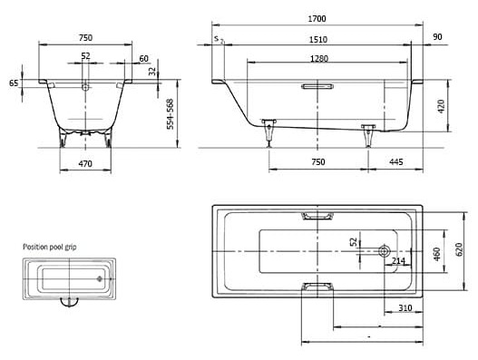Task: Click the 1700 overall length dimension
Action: pyautogui.click(x=317, y=18)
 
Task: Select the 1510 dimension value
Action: pyautogui.click(x=317, y=39)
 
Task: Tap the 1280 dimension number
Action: pyautogui.click(x=317, y=59)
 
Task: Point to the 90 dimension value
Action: pyautogui.click(x=438, y=38)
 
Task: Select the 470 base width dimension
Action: pyautogui.click(x=85, y=163)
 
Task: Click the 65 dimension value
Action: pyautogui.click(x=14, y=83)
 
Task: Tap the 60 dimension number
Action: pyautogui.click(x=143, y=59)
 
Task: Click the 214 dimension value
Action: pyautogui.click(x=397, y=261)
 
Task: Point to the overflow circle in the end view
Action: pyautogui.click(x=85, y=87)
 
